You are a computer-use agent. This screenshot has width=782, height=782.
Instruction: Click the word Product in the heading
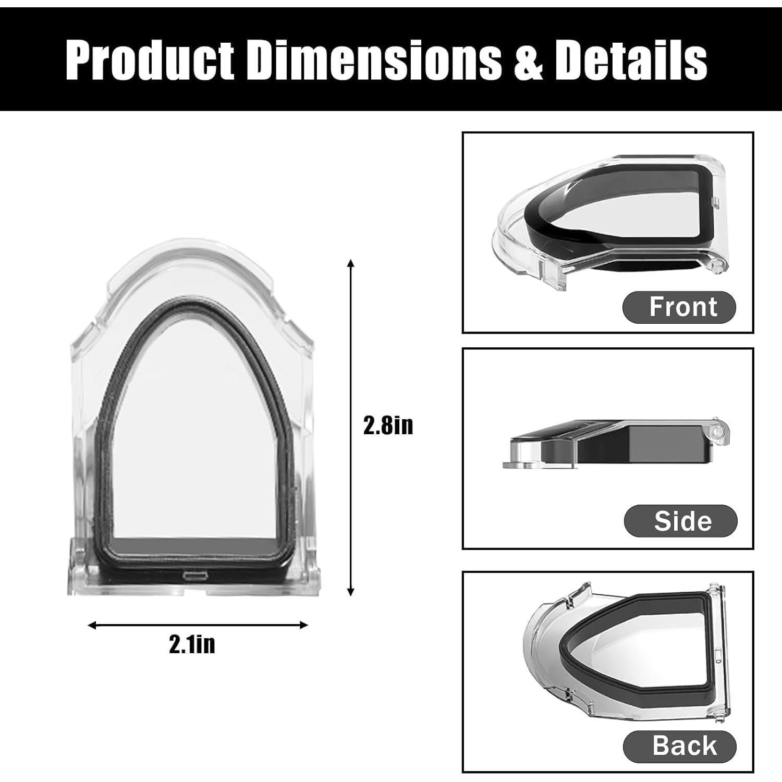pos(150,60)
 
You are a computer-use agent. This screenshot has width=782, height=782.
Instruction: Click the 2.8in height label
pos(388,426)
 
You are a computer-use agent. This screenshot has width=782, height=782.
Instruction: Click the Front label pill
pos(679,307)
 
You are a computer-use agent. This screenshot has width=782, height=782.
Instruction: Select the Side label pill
pos(680,521)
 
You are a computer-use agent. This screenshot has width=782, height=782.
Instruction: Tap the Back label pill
pos(680,746)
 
